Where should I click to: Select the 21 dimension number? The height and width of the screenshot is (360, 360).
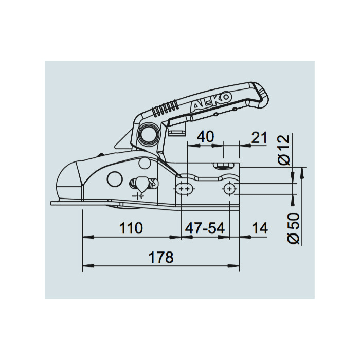click(x=259, y=137)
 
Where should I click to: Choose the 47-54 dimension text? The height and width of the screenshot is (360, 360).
click(x=206, y=228)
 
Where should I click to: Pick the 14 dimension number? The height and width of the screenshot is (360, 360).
click(x=260, y=228)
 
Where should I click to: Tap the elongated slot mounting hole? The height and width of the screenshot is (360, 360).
click(x=184, y=190)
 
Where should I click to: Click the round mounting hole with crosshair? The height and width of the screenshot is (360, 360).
click(x=228, y=190)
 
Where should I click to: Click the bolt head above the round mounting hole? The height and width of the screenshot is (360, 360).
click(x=224, y=166)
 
